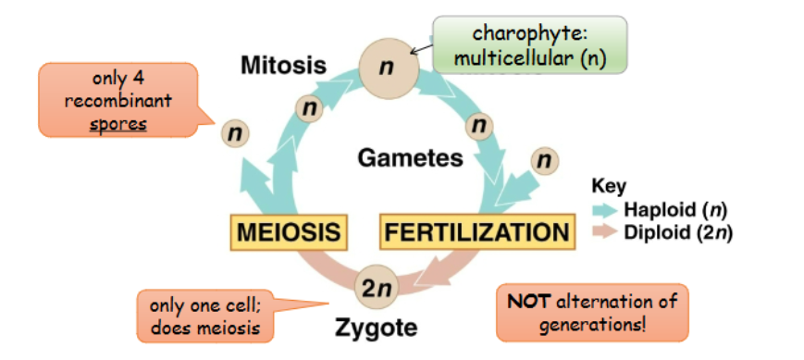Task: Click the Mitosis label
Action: point(283,66)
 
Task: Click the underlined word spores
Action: point(118,124)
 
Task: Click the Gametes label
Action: point(410,158)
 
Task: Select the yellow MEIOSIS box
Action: point(286,230)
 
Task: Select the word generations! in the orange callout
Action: point(592,325)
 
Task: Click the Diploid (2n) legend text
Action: point(677,231)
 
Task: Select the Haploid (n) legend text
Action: point(674,209)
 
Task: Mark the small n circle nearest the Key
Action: point(544,160)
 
